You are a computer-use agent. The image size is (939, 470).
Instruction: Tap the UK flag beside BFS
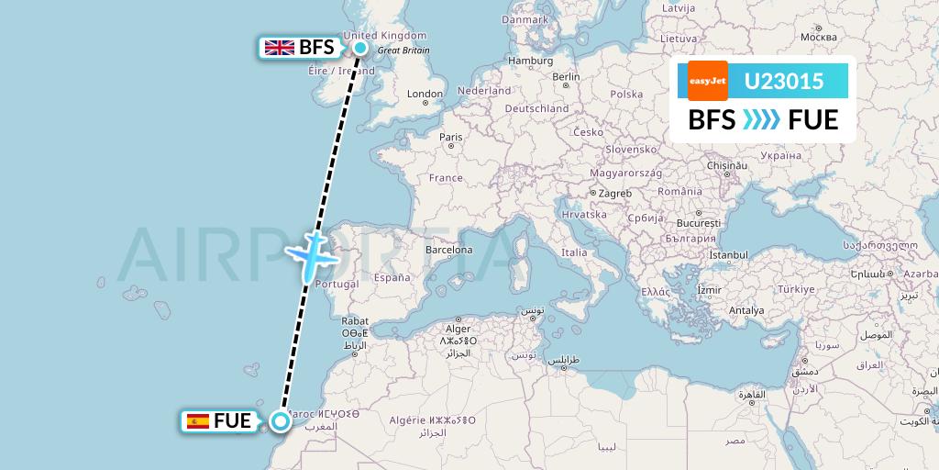[278, 48]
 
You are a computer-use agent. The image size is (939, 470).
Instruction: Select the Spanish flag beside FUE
[197, 421]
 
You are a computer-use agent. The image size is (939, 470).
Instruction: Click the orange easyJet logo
[708, 82]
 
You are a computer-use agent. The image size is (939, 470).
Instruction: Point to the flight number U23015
[783, 82]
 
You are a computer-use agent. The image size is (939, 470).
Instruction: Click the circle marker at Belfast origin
[360, 48]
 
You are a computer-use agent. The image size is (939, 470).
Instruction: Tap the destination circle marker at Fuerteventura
[279, 421]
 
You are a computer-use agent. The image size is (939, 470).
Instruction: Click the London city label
[425, 94]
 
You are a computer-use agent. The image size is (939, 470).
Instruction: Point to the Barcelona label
[448, 250]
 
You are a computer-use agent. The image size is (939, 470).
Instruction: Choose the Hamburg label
[531, 62]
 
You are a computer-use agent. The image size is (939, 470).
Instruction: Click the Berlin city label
[566, 77]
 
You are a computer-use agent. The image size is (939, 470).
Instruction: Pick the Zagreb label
[614, 194]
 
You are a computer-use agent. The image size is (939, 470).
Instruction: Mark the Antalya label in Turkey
[746, 310]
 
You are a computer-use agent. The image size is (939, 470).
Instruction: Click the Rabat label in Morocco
[355, 321]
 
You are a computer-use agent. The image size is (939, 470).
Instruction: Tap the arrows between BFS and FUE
[761, 119]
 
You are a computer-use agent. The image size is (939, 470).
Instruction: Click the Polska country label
[626, 94]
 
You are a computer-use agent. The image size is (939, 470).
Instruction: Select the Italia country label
[574, 252]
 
